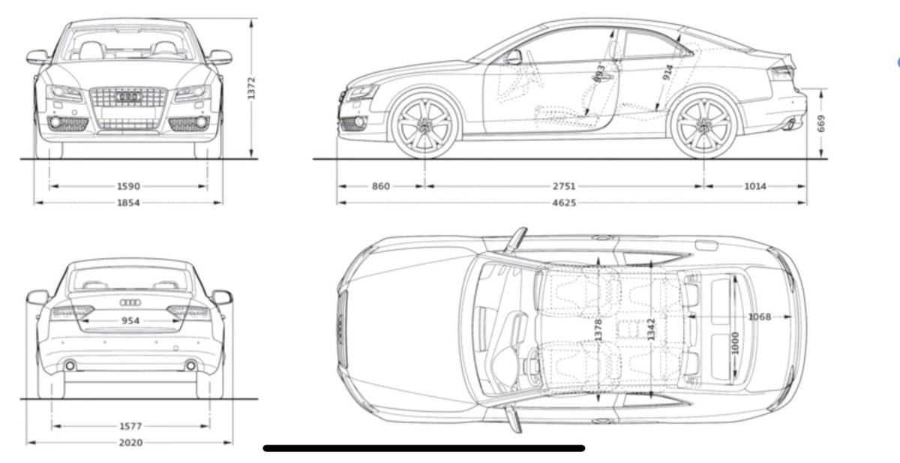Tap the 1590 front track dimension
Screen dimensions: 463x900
click(129, 186)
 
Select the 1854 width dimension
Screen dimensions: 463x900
click(129, 203)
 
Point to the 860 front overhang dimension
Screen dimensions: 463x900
click(381, 186)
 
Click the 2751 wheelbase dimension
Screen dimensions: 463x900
click(564, 186)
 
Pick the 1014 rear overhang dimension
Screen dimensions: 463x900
click(755, 186)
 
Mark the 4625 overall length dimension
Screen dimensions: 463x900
click(566, 203)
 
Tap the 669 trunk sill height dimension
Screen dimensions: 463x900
click(822, 123)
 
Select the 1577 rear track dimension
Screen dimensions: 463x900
click(130, 426)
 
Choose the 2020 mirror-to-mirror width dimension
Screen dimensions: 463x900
click(130, 443)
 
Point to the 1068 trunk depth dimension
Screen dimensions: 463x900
click(759, 317)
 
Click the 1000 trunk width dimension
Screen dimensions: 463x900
click(736, 342)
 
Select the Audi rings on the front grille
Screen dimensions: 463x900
click(129, 98)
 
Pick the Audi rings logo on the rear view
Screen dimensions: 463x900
click(130, 303)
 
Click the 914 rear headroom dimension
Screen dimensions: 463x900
click(667, 73)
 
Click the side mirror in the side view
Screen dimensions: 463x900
click(514, 56)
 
